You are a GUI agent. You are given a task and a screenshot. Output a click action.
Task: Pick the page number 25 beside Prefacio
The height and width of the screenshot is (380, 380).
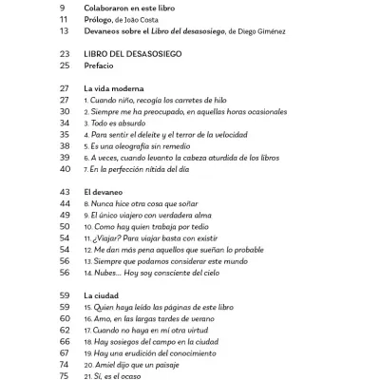pos(64,66)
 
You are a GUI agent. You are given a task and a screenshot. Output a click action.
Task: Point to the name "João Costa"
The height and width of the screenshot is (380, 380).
pos(166,19)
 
